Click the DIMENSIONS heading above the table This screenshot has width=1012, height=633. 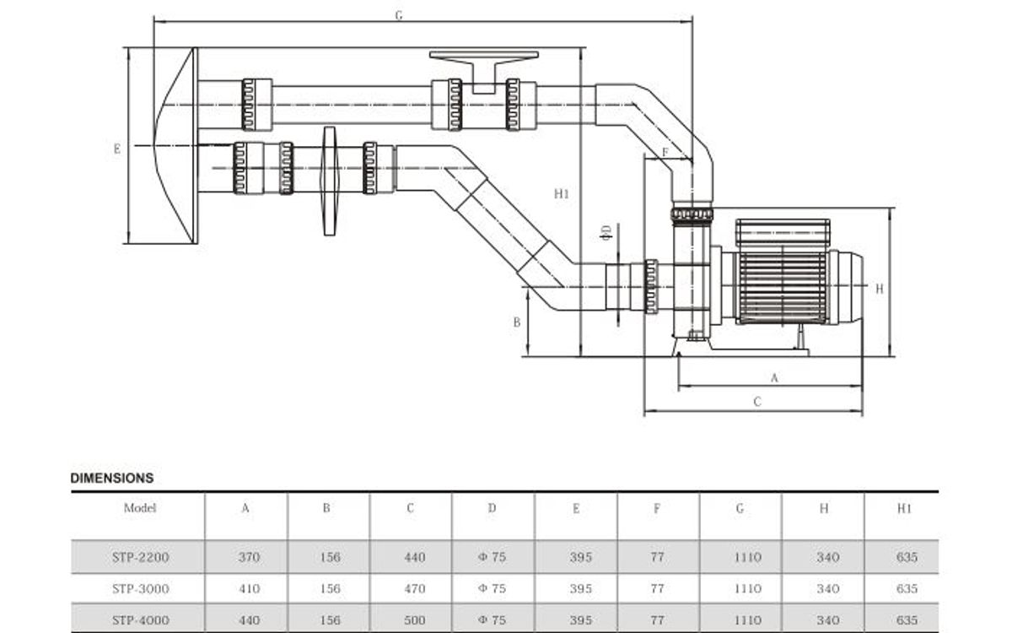coord(112,478)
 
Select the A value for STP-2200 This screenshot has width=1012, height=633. coord(250,557)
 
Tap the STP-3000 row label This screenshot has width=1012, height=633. coord(140,588)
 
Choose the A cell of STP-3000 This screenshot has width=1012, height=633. coord(250,588)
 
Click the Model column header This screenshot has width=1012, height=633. coord(140,508)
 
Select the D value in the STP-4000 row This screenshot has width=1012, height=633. coord(493,620)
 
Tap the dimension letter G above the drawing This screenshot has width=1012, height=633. coord(399,15)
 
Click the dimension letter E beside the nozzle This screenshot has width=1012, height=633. coord(117,149)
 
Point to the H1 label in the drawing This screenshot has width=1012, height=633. coord(562,193)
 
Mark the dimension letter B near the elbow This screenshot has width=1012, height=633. coord(517,322)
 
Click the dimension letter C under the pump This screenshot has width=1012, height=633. coord(756,403)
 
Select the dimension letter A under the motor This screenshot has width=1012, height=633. coord(774,377)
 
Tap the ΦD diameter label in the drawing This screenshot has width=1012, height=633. coord(605,233)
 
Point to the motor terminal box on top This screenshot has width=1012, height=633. coord(783,232)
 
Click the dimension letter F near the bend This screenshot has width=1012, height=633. coord(665,152)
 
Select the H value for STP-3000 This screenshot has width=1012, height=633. coord(827,588)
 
